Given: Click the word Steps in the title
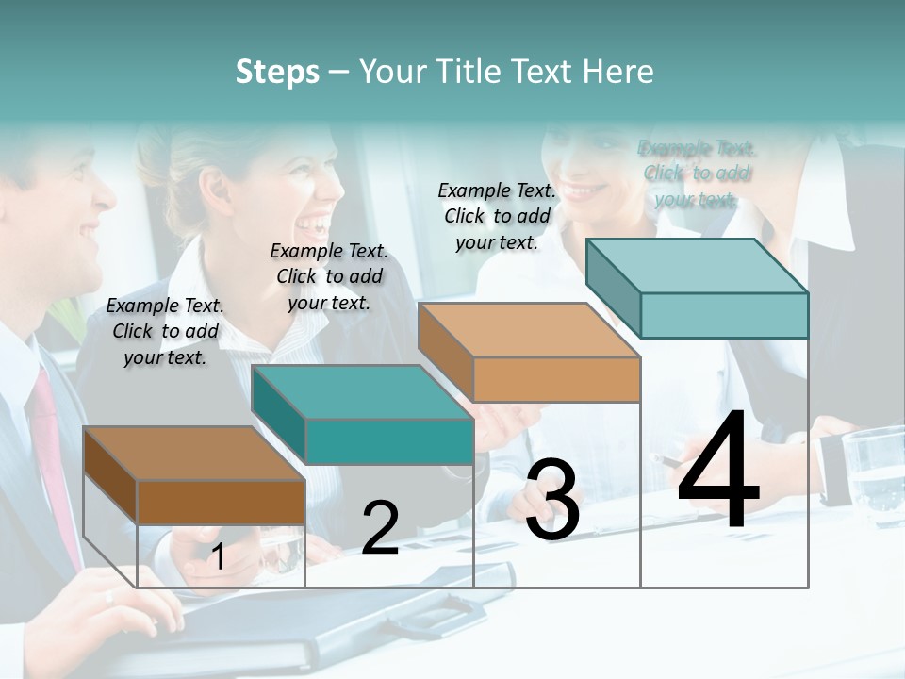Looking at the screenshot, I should pyautogui.click(x=277, y=72).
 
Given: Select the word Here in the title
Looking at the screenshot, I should pyautogui.click(x=617, y=72).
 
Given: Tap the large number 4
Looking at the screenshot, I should pyautogui.click(x=719, y=471).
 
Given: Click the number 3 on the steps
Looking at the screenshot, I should pyautogui.click(x=552, y=501).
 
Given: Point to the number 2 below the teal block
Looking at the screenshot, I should pyautogui.click(x=380, y=528).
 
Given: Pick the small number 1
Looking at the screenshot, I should pyautogui.click(x=218, y=557).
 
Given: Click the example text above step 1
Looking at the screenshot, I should pyautogui.click(x=165, y=331).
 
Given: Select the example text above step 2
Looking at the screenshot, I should pyautogui.click(x=329, y=276).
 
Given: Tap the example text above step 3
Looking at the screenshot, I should pyautogui.click(x=497, y=216).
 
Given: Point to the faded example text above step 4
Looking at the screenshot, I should pyautogui.click(x=697, y=174).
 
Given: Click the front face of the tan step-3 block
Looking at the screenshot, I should pyautogui.click(x=556, y=380).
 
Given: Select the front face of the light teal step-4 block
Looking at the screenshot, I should pyautogui.click(x=724, y=315).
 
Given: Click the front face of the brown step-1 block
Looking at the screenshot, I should pyautogui.click(x=221, y=502).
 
